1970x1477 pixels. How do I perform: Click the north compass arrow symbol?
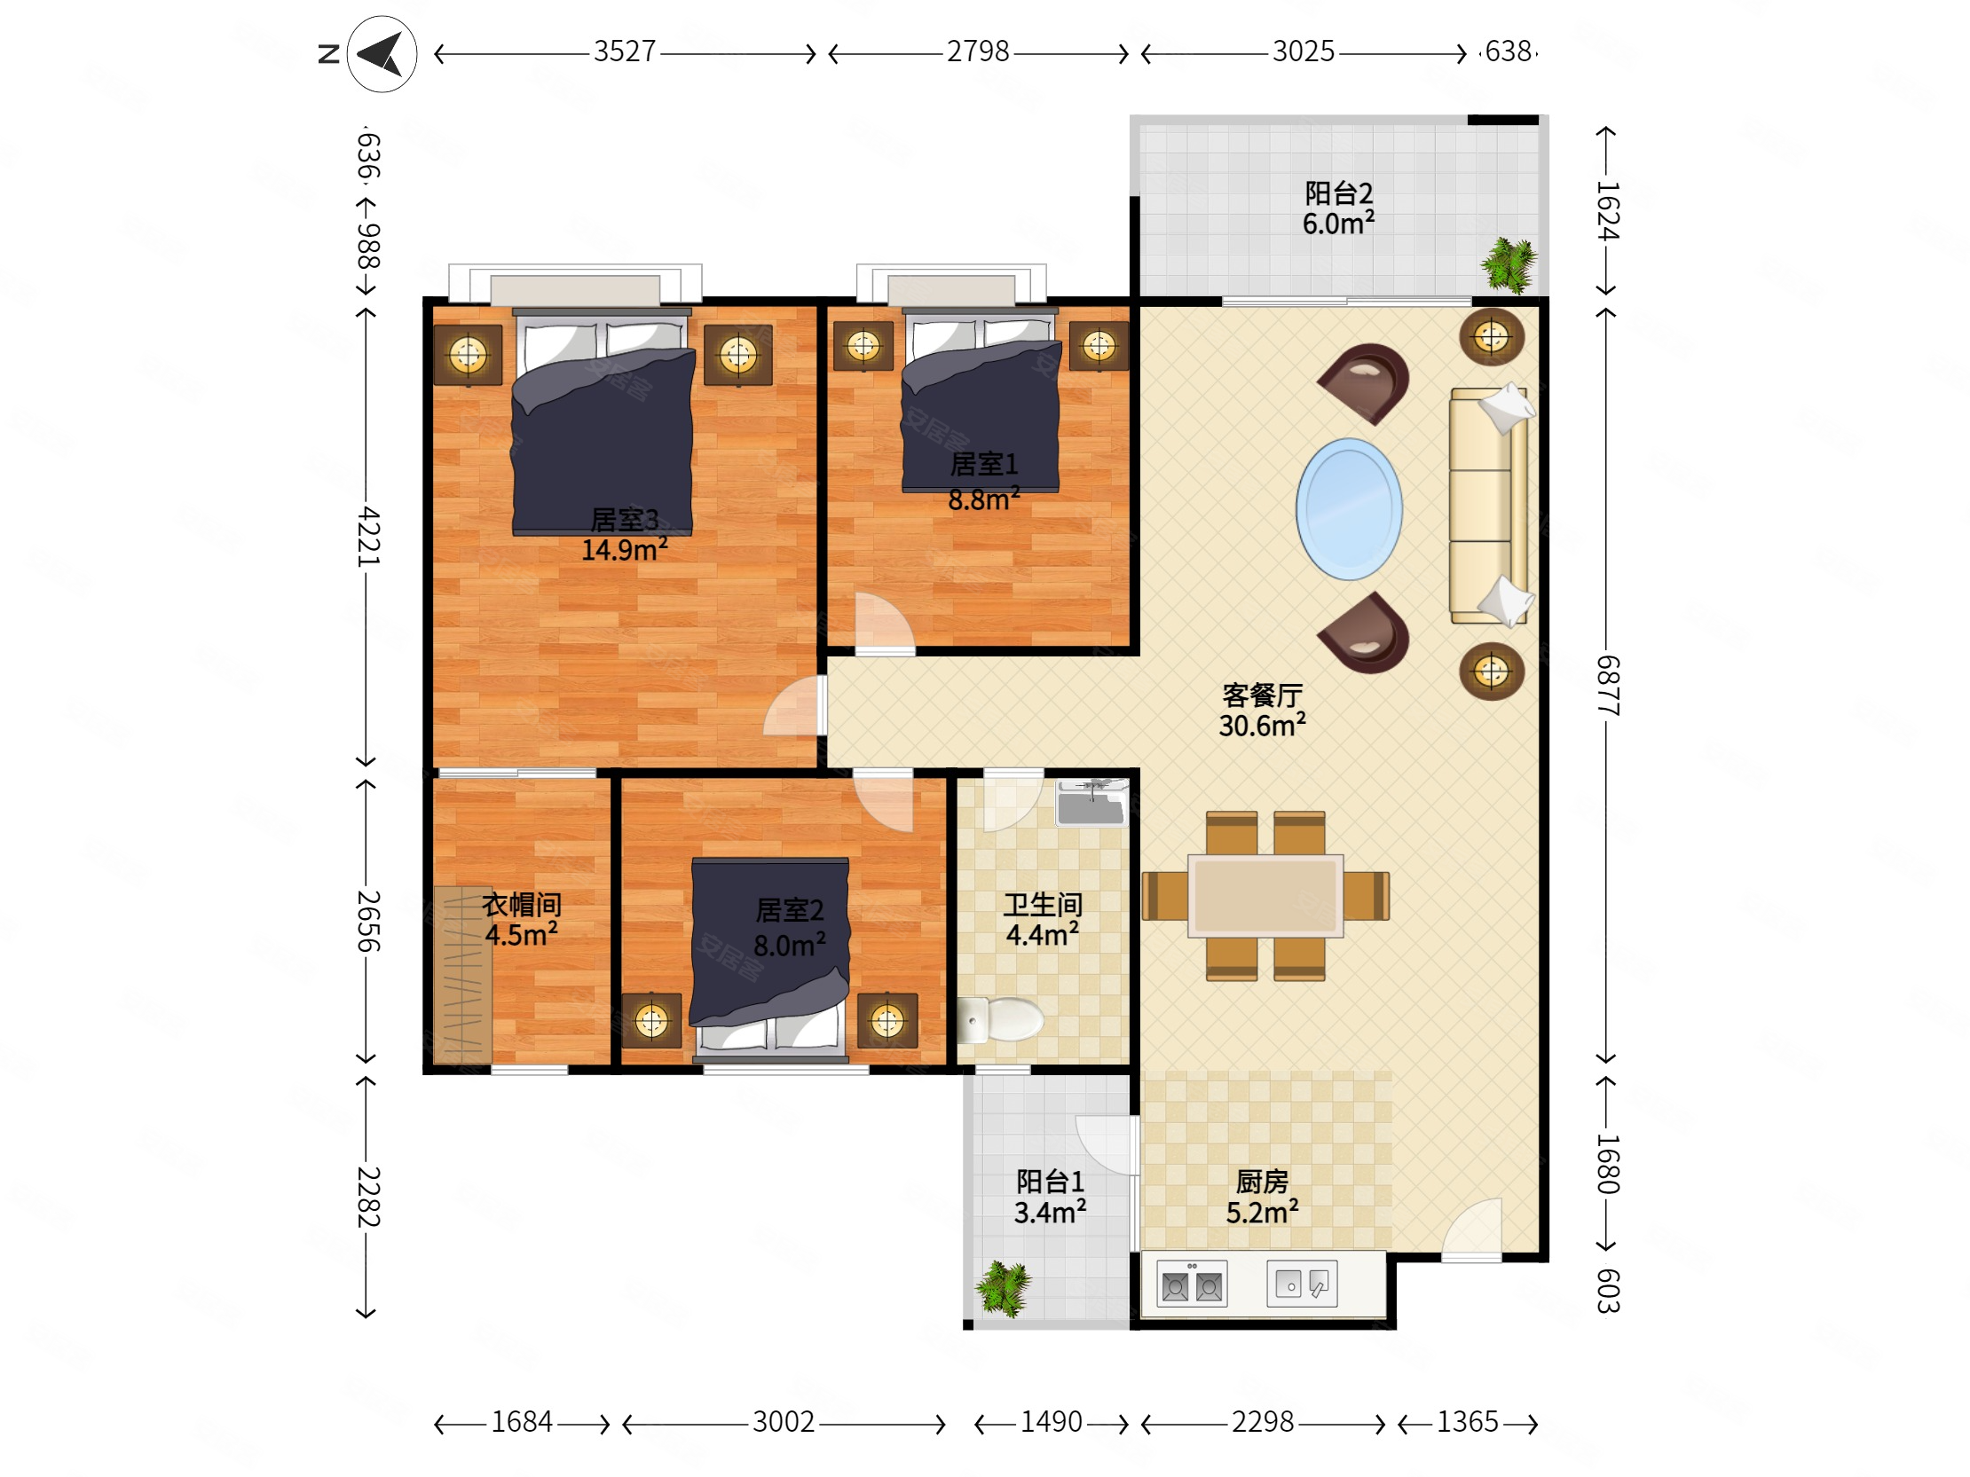[382, 54]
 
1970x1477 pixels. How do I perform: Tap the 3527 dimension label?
[625, 51]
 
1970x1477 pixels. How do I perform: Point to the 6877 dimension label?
[1608, 685]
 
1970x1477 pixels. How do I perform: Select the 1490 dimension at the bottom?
[1051, 1422]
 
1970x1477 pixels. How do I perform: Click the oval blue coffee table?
[1349, 509]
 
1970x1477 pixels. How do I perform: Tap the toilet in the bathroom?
[1000, 1019]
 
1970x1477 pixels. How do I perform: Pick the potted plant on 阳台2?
[1509, 264]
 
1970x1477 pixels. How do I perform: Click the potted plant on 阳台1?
[1004, 1287]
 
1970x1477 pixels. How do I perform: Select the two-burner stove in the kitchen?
[1192, 1284]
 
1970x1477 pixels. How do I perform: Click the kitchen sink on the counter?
[1302, 1284]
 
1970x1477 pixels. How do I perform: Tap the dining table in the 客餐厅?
[1265, 896]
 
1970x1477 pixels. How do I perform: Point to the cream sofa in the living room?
[1489, 506]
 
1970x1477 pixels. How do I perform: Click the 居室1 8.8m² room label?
[984, 482]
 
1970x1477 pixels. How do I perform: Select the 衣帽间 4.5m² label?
[522, 920]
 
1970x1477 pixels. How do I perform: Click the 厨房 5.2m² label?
[1262, 1198]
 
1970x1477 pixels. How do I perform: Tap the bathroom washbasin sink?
[1091, 804]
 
